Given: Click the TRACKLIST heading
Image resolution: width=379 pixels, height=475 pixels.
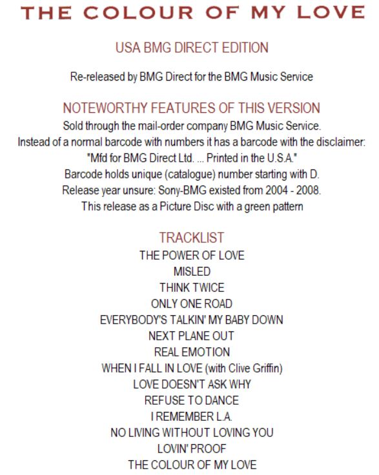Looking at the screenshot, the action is tap(192, 237).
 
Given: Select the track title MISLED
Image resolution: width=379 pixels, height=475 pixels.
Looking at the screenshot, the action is tap(192, 271).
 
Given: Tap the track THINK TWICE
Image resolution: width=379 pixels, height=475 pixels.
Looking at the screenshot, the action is tap(192, 287).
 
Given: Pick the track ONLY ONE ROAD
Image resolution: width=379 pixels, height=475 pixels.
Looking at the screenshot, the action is tap(192, 304).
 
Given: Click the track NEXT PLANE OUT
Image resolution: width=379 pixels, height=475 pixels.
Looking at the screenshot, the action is tap(192, 336).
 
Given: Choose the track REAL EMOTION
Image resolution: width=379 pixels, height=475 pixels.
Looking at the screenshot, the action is tap(192, 352).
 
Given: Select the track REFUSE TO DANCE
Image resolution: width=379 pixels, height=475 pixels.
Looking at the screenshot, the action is tap(192, 400).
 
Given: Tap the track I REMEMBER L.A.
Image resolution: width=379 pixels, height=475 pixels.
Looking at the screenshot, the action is tap(192, 416).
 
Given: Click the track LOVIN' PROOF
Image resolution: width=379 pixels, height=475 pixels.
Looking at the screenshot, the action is tap(192, 449).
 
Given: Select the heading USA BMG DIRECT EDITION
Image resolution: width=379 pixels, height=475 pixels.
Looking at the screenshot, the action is tap(192, 48).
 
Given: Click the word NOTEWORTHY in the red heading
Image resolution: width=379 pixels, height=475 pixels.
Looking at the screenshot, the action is tap(105, 108).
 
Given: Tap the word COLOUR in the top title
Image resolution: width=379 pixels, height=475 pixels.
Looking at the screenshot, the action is tap(138, 13).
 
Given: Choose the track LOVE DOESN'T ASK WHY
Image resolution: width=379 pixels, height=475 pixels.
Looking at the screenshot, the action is tap(192, 384).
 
